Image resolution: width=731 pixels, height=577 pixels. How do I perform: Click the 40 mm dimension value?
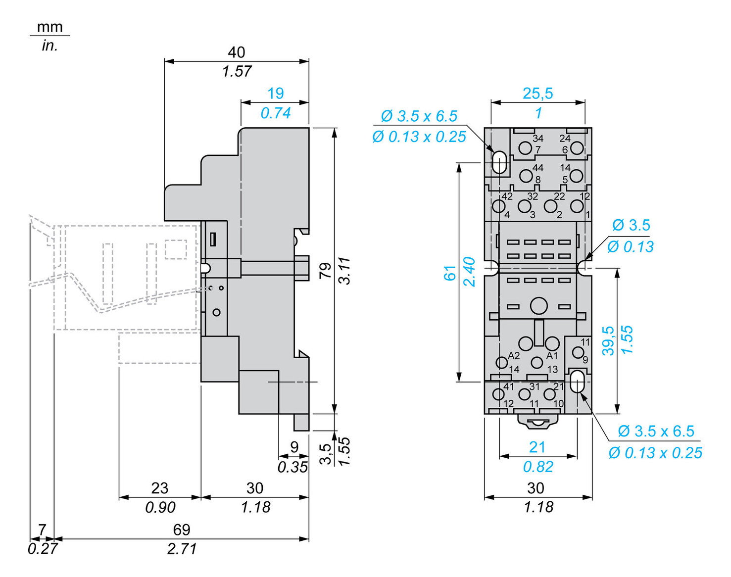(x=236, y=52)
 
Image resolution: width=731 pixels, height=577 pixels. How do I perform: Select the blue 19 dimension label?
(x=275, y=93)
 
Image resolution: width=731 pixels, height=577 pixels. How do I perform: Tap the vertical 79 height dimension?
(x=325, y=270)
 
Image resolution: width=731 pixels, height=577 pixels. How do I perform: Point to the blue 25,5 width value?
(x=537, y=93)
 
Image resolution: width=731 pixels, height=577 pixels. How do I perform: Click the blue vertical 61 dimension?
(x=449, y=273)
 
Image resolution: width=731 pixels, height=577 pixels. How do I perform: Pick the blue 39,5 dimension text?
(x=608, y=340)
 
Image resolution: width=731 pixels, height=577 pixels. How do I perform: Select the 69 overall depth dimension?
(x=181, y=529)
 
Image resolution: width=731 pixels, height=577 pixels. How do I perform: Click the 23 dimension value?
(x=159, y=488)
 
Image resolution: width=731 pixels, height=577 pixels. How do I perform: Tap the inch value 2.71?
(x=181, y=549)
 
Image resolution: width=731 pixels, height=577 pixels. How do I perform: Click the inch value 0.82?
(x=537, y=467)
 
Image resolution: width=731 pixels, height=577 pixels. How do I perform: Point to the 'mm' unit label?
(x=50, y=27)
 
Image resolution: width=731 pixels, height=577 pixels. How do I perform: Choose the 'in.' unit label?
(x=50, y=46)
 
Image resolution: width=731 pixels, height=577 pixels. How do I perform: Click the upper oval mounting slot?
(x=499, y=162)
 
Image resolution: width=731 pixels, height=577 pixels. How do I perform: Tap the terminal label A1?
(x=552, y=356)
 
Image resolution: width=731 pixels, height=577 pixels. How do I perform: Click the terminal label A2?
(x=514, y=356)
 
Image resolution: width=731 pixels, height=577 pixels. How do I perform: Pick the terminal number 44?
(x=537, y=168)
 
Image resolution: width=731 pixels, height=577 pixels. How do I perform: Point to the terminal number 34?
(x=537, y=139)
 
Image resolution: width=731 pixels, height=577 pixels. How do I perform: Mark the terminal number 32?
(x=532, y=196)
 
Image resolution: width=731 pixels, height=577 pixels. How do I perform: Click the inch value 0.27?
(x=43, y=549)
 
